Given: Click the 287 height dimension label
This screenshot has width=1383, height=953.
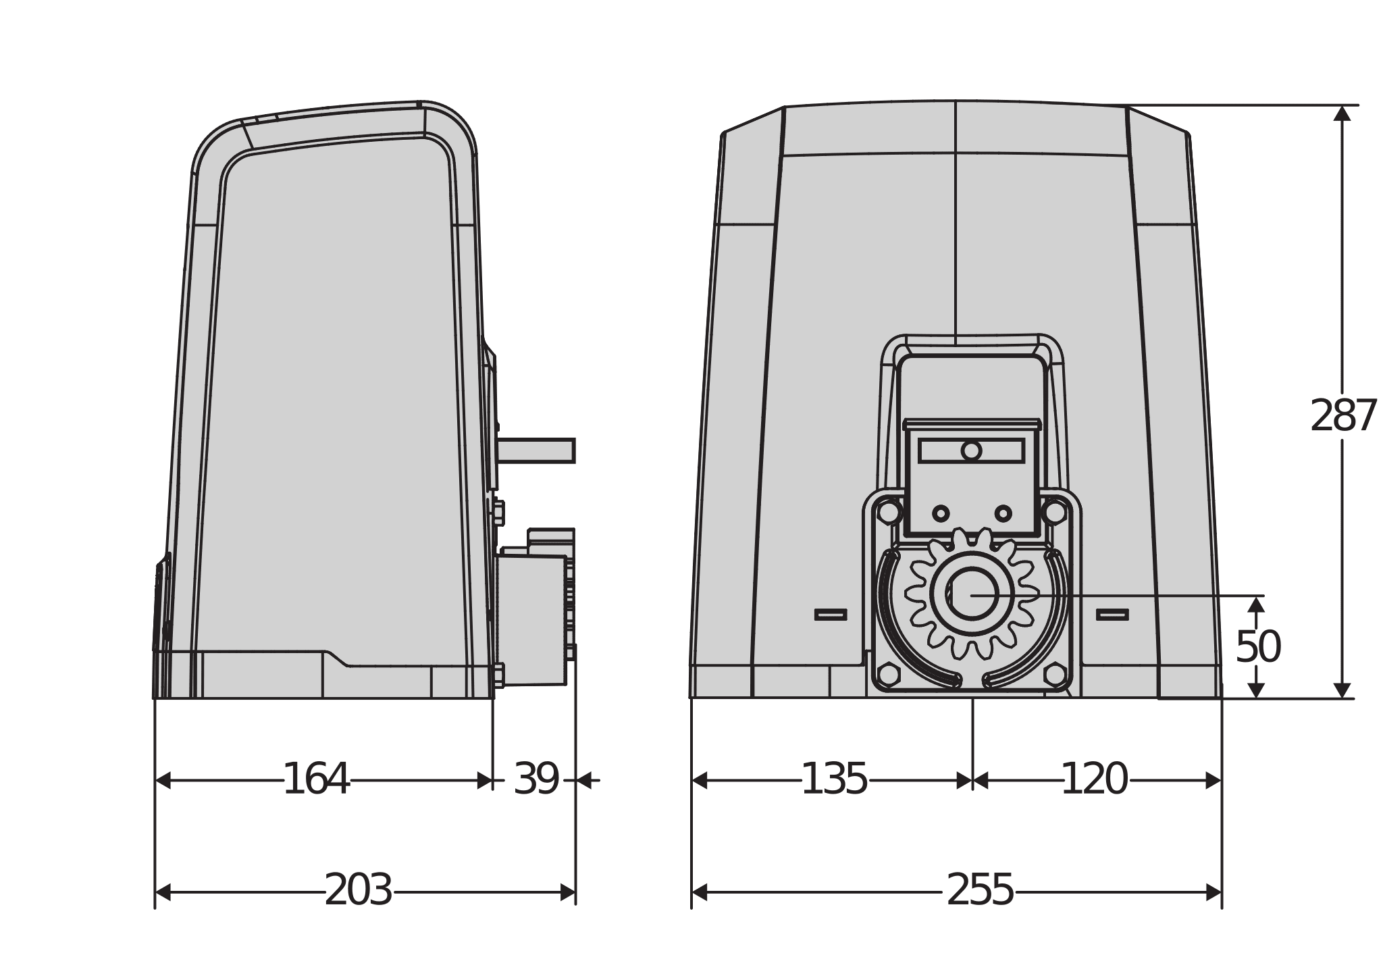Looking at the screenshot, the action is (1342, 416).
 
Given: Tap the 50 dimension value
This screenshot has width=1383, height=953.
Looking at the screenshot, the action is (1257, 647).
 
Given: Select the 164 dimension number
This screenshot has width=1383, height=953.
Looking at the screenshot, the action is (316, 779).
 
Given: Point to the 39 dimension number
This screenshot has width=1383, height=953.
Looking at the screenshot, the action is (536, 779).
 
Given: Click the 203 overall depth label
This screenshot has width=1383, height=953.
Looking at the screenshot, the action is (359, 890).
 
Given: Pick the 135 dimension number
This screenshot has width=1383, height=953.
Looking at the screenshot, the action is (834, 779).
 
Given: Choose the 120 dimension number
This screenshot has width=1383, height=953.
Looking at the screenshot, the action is (1095, 779).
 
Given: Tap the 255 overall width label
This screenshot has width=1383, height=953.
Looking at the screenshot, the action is (981, 890).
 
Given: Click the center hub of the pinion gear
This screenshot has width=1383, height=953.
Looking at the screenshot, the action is (972, 594).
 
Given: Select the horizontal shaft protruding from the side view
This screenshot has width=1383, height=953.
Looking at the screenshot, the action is (536, 450).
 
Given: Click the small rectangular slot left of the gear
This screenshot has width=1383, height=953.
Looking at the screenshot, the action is (831, 614).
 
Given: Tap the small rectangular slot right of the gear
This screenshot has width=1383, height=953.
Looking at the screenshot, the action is (1112, 614).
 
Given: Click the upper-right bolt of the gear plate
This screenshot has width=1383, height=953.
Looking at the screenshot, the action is (1053, 511).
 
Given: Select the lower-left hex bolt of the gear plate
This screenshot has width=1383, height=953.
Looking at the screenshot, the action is (888, 674).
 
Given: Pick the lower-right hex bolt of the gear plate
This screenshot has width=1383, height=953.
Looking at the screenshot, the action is (1054, 674).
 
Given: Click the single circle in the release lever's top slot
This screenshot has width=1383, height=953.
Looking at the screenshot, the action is (971, 450).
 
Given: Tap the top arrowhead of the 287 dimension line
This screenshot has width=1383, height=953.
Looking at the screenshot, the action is (1342, 113).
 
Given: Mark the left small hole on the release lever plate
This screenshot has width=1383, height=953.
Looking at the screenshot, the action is (941, 514).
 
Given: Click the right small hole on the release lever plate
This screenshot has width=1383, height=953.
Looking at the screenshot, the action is (1003, 514).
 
